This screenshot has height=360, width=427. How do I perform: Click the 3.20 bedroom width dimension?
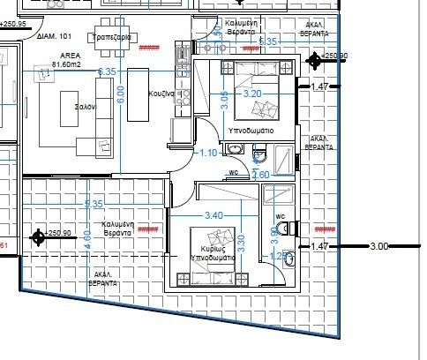[x=252, y=93]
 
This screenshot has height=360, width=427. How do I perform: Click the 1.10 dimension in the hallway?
[x=208, y=153]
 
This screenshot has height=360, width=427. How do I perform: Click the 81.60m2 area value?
[x=67, y=64]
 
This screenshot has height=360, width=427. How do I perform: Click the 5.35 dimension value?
[x=269, y=41]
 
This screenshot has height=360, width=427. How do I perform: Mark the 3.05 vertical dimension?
[x=224, y=100]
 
